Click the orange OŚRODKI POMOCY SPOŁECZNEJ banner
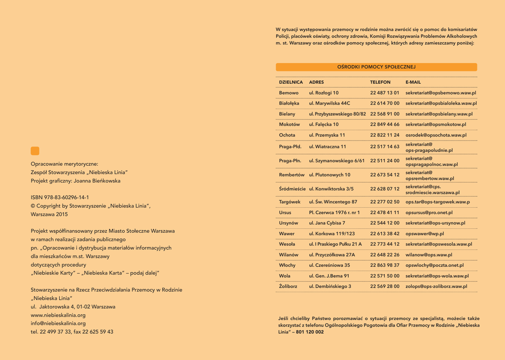tap(376, 67)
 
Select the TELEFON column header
tap(380, 82)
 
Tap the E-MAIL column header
tap(413, 82)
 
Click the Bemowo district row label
tap(289, 93)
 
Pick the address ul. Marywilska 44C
tap(329, 104)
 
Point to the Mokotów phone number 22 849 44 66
tap(385, 125)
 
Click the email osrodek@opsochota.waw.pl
tap(436, 135)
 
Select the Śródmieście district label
tap(292, 189)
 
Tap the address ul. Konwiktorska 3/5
tap(331, 189)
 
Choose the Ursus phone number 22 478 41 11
tap(385, 213)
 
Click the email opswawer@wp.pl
tap(425, 234)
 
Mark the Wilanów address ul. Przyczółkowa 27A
tap(332, 255)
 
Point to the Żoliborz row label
tap(288, 287)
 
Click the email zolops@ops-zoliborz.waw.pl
tap(436, 287)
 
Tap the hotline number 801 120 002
tap(310, 332)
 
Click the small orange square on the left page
tap(35, 151)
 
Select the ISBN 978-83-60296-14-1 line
tap(60, 197)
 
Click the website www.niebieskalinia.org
tap(58, 315)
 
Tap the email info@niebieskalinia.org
tap(58, 324)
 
